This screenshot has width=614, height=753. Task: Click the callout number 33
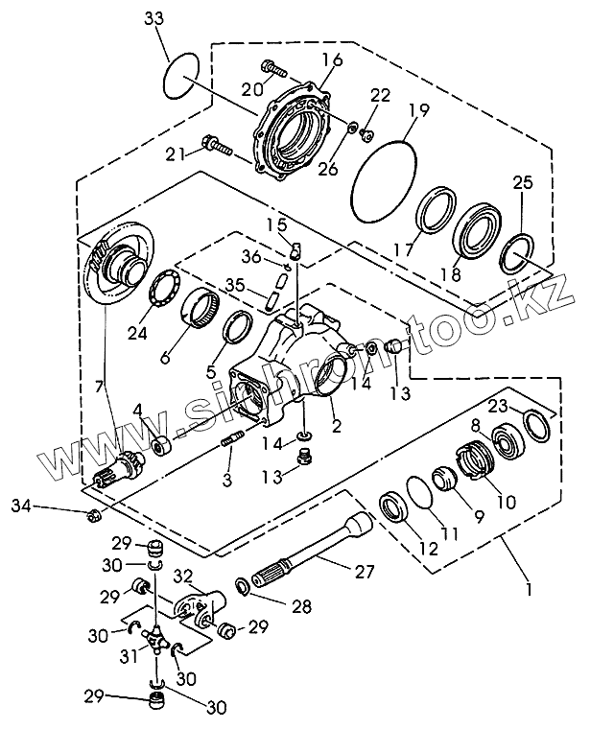pyautogui.click(x=154, y=18)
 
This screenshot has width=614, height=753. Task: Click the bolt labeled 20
pyautogui.click(x=273, y=69)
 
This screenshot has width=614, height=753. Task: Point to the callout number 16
pyautogui.click(x=333, y=59)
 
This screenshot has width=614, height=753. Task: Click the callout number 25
pyautogui.click(x=523, y=182)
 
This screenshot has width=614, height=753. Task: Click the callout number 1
pyautogui.click(x=529, y=589)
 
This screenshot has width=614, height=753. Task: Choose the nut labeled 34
pyautogui.click(x=92, y=516)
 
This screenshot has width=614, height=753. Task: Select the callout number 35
pyautogui.click(x=235, y=285)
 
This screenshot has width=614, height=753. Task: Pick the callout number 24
pyautogui.click(x=137, y=333)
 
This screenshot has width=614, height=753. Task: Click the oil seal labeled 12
pyautogui.click(x=394, y=506)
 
